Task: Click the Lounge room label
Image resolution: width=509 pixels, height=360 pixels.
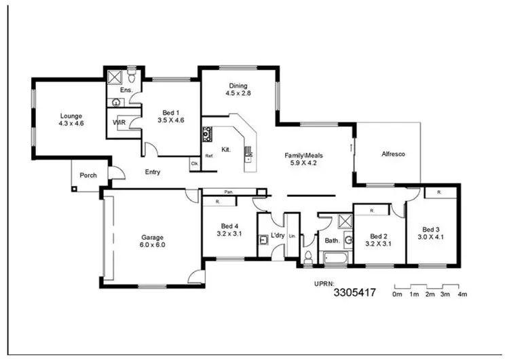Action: coord(71,116)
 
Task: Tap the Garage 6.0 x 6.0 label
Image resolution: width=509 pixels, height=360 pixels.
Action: coord(153,236)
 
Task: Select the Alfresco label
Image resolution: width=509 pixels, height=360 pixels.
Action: coord(393,154)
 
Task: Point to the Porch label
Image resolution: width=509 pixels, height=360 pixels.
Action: coord(88,175)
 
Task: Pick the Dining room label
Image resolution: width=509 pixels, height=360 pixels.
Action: coord(238,86)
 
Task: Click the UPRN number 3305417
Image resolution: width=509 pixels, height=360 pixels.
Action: coord(354,293)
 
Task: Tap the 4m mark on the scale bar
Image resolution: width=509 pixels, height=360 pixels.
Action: coord(463,295)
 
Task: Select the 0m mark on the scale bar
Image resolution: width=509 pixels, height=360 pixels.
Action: coord(398,295)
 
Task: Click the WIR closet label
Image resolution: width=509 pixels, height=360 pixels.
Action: coord(119,123)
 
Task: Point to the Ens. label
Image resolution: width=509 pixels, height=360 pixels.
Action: coord(126,90)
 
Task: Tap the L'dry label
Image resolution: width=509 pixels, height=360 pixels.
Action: coord(278,236)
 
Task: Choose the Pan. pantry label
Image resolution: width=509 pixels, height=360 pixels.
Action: coord(230,192)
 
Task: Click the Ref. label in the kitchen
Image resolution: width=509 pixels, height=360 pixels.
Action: coord(209,156)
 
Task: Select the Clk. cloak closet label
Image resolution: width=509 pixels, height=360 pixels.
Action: coord(194,164)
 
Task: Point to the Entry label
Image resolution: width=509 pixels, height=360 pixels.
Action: coord(153,172)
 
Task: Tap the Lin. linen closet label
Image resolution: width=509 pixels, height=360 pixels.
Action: coord(292,236)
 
